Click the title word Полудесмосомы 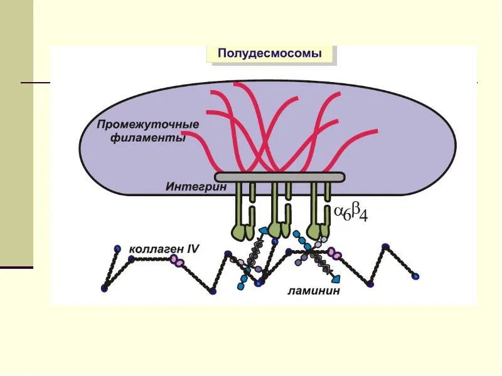pyautogui.click(x=270, y=54)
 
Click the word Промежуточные pyautogui.click(x=148, y=124)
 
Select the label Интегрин pyautogui.click(x=191, y=186)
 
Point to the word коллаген pyautogui.click(x=154, y=249)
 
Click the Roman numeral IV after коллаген pyautogui.click(x=191, y=249)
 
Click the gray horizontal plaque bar pyautogui.click(x=280, y=177)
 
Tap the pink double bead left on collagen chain pyautogui.click(x=179, y=260)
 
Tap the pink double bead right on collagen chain pyautogui.click(x=337, y=254)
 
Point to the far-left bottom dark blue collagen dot pyautogui.click(x=104, y=288)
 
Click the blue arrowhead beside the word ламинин pyautogui.click(x=337, y=276)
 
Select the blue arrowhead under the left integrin pyautogui.click(x=264, y=232)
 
